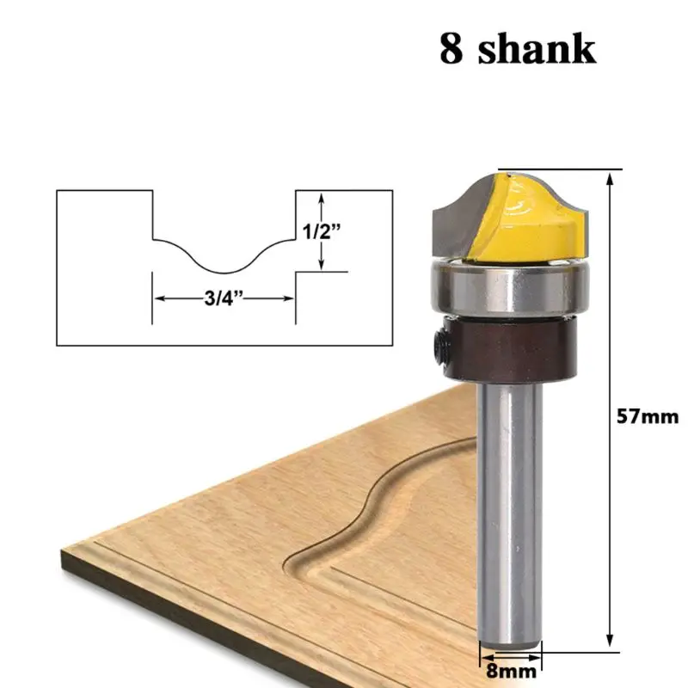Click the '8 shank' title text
[517, 50]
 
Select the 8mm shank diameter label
[509, 665]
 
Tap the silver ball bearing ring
[507, 290]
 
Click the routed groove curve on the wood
[378, 499]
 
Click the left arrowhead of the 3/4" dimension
[158, 298]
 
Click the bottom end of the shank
[509, 641]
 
